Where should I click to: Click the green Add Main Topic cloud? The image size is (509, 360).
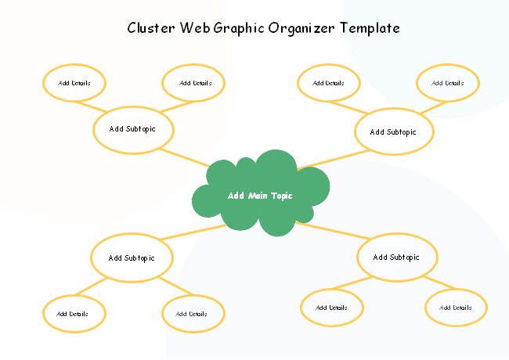260,195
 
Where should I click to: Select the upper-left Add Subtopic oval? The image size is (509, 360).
133,129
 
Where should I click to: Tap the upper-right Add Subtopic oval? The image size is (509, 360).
394,131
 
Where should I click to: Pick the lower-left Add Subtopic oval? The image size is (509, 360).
132,257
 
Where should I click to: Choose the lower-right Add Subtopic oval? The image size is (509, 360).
397,257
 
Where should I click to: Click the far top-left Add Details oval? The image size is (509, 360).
74,82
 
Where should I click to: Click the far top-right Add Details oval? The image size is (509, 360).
448,82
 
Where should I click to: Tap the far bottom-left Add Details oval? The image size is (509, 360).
74,314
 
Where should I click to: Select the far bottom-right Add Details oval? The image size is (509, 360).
456,308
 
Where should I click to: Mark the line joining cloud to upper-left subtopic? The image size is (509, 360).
189,157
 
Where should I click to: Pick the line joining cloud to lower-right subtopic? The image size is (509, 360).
329,232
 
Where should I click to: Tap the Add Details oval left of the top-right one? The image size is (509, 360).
329,82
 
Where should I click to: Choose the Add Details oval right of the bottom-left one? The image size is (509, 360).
193,314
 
